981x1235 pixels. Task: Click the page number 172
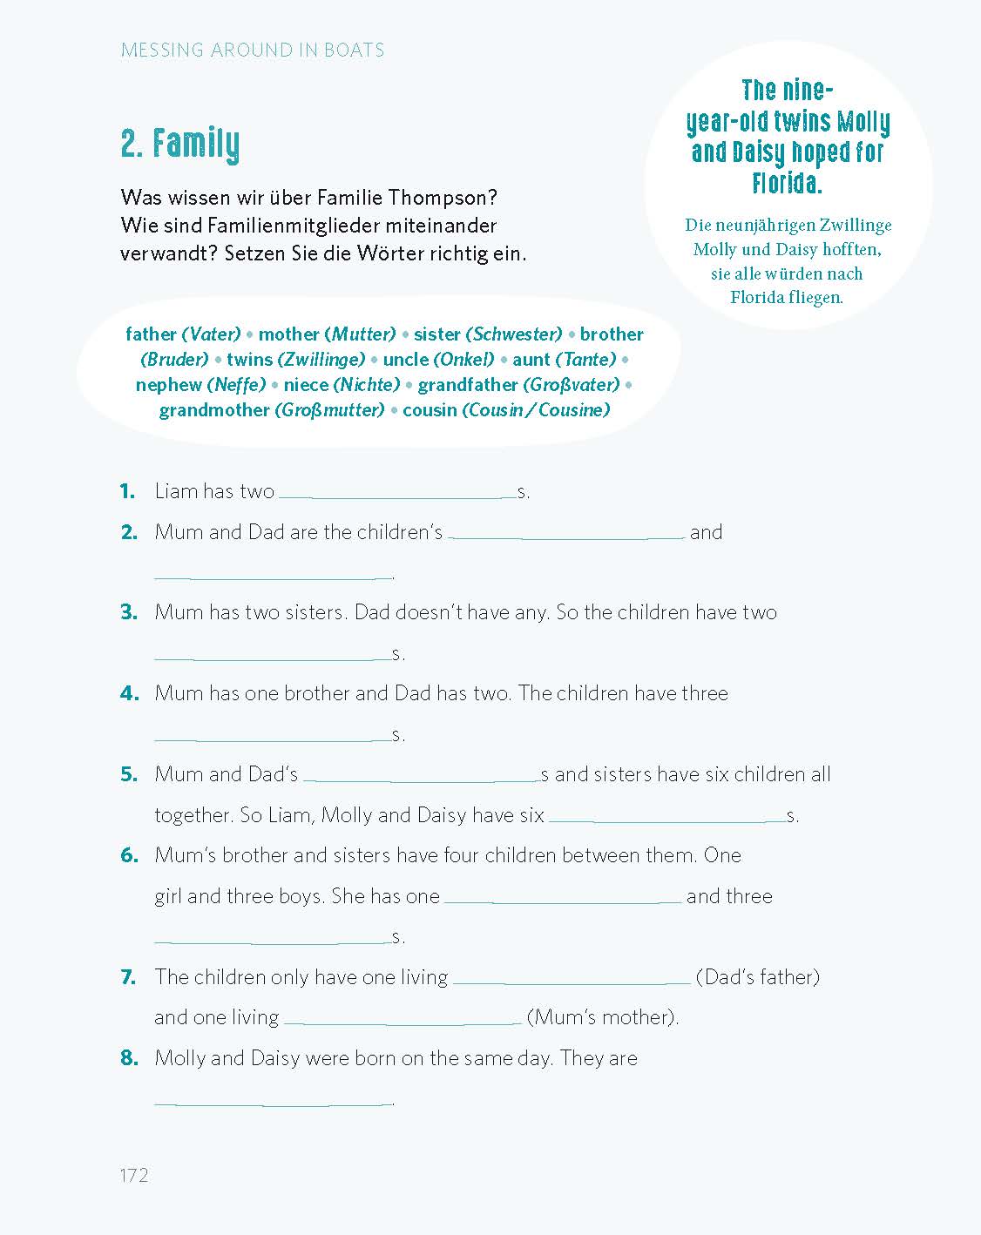pos(134,1176)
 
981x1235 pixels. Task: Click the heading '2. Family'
pos(180,145)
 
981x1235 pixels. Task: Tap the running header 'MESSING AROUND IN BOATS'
pos(253,51)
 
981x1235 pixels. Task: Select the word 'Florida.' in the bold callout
pos(788,184)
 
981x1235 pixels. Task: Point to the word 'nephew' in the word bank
pos(168,385)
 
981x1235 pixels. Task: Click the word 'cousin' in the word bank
pos(430,410)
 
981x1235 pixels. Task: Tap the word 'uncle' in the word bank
pos(405,360)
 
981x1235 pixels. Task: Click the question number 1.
pos(128,491)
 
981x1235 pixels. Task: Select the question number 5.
pos(129,774)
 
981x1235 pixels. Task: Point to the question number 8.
pos(129,1058)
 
